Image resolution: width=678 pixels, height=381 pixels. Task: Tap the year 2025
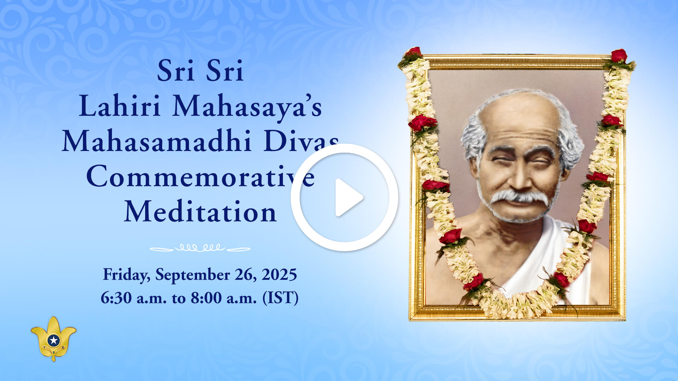[279, 275]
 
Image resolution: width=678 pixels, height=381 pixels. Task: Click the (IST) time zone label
[280, 298]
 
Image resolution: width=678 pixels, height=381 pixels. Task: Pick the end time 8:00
[206, 298]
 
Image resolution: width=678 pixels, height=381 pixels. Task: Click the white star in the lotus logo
[54, 340]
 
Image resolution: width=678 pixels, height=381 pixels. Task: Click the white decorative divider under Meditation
[200, 248]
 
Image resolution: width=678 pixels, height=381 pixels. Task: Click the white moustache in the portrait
[519, 199]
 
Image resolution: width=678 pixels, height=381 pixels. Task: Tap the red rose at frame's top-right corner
[619, 55]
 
